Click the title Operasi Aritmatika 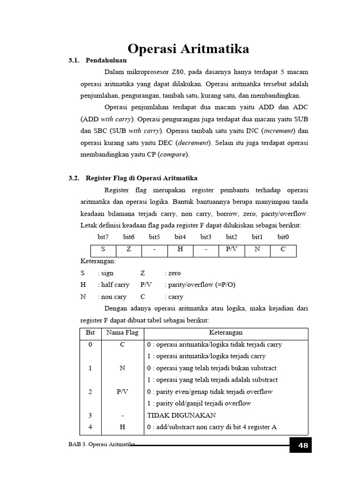(x=188, y=49)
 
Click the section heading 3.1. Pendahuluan (x=97, y=60)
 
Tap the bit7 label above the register (x=103, y=237)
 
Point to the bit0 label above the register (x=283, y=237)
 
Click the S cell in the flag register (x=103, y=250)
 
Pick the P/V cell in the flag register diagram (x=232, y=250)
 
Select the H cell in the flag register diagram (x=180, y=250)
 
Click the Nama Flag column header (x=122, y=333)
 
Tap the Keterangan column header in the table (x=226, y=333)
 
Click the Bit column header (x=90, y=333)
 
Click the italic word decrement (x=198, y=142)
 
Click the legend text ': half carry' (x=113, y=285)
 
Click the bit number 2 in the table (x=90, y=392)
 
